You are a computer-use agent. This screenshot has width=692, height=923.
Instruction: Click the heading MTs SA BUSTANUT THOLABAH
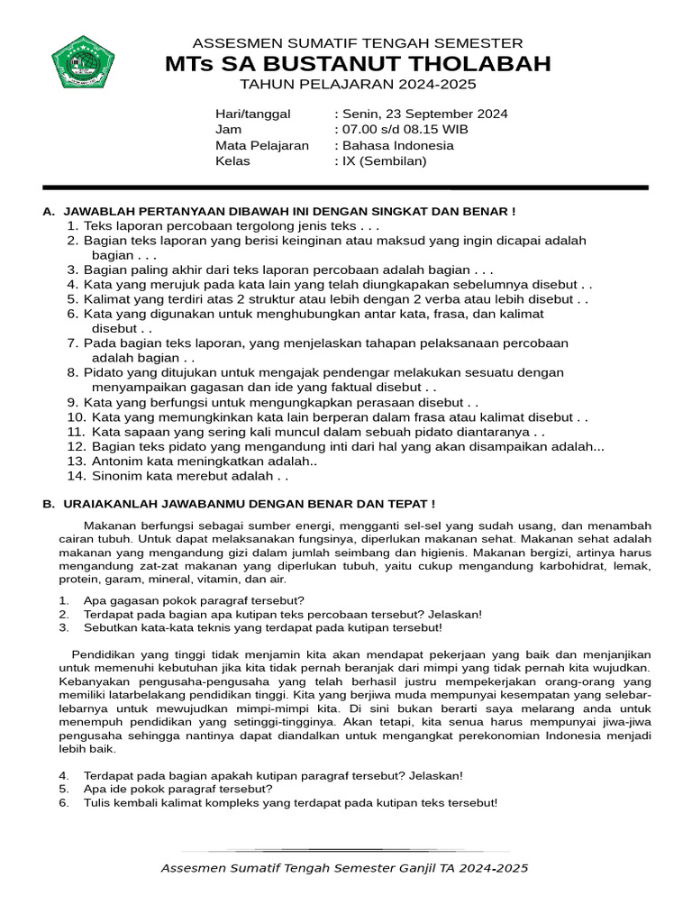click(358, 64)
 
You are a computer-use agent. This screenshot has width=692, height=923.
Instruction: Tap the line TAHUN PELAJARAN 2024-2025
click(357, 85)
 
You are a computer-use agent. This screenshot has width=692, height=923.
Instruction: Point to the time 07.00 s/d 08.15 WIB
click(406, 130)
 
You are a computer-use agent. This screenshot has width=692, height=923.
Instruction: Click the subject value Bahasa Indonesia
click(396, 146)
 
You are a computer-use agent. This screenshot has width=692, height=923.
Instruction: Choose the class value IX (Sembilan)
click(383, 161)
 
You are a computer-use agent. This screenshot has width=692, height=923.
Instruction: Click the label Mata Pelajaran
click(261, 146)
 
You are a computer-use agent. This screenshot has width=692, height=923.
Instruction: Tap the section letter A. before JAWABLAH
click(49, 211)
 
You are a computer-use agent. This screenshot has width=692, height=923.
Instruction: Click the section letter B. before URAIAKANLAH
click(49, 504)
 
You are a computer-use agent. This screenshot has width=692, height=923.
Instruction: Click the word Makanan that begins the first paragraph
click(112, 525)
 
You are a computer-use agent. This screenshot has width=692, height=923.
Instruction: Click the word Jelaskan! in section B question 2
click(455, 614)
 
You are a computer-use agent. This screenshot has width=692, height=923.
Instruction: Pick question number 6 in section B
click(64, 803)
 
